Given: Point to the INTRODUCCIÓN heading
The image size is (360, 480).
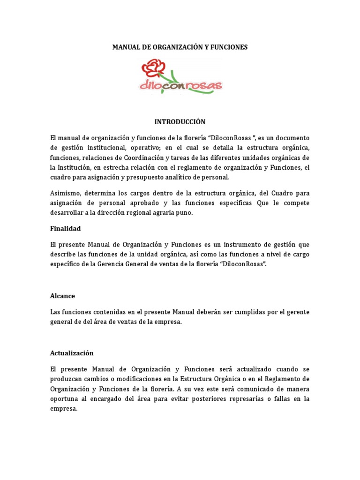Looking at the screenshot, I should coord(180,122).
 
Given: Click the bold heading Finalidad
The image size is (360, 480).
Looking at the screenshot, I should coord(65,228).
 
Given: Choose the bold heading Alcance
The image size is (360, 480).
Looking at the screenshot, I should coord(62,296).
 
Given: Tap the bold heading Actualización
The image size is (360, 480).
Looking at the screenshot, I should coord(72,353).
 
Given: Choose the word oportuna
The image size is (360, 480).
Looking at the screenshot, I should coord(64,398).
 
